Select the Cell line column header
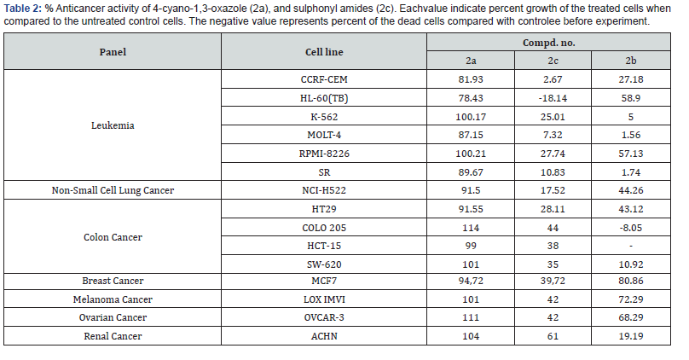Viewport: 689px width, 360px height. tap(325, 51)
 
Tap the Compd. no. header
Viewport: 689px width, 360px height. tap(552, 41)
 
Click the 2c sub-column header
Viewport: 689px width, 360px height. tap(552, 61)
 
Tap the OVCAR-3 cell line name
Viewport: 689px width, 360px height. tap(325, 317)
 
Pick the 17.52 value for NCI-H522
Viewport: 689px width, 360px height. tap(552, 192)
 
